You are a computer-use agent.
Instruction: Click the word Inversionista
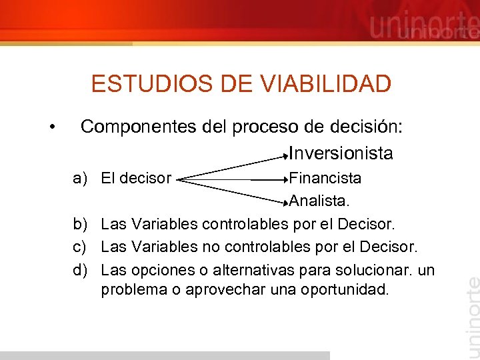[x=341, y=153]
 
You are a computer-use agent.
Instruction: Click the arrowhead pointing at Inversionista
[x=286, y=159]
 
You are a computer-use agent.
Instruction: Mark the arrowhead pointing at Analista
[x=286, y=198]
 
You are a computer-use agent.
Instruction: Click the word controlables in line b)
[x=246, y=223]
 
